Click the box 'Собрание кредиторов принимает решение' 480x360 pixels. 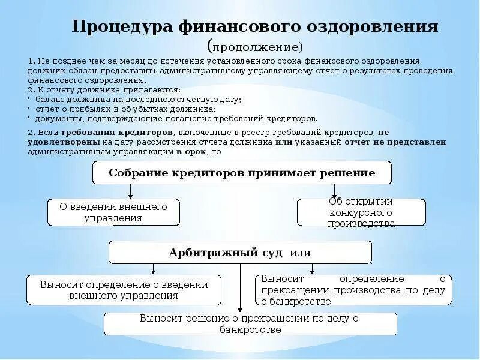tap(242, 173)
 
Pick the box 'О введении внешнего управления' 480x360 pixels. tap(113, 212)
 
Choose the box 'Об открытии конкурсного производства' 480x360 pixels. tap(361, 212)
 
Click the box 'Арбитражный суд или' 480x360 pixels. tap(240, 252)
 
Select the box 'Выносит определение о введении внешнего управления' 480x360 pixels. tap(124, 290)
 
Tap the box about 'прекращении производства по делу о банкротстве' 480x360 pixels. tap(353, 290)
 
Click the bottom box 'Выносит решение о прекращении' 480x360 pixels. tap(250, 324)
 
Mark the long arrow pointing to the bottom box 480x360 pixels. tap(240, 288)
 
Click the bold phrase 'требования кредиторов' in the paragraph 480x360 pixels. tap(127, 131)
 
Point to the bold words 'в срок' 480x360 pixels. tap(190, 152)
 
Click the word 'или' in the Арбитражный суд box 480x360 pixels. tap(300, 253)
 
